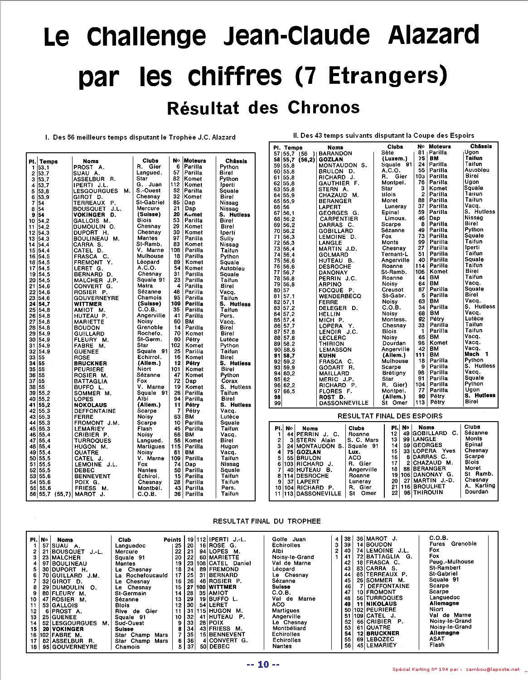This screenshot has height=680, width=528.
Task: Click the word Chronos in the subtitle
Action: (x=323, y=107)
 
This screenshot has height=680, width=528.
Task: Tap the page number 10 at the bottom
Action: (x=263, y=665)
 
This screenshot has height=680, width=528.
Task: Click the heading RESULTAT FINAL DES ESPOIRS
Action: (x=390, y=416)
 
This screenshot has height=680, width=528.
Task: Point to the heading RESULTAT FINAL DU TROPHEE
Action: (x=266, y=521)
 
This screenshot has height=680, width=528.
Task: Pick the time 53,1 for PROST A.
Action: (x=44, y=167)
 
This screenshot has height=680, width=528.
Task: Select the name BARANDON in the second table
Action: (x=335, y=153)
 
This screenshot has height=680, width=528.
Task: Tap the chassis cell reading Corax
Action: (x=229, y=381)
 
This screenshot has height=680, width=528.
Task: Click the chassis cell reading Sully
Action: (x=227, y=238)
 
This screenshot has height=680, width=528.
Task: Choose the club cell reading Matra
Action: (x=145, y=286)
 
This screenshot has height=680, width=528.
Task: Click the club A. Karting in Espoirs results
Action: (x=480, y=486)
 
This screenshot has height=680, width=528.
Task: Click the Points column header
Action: (x=172, y=540)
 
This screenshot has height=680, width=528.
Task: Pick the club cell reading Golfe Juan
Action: (x=289, y=539)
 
